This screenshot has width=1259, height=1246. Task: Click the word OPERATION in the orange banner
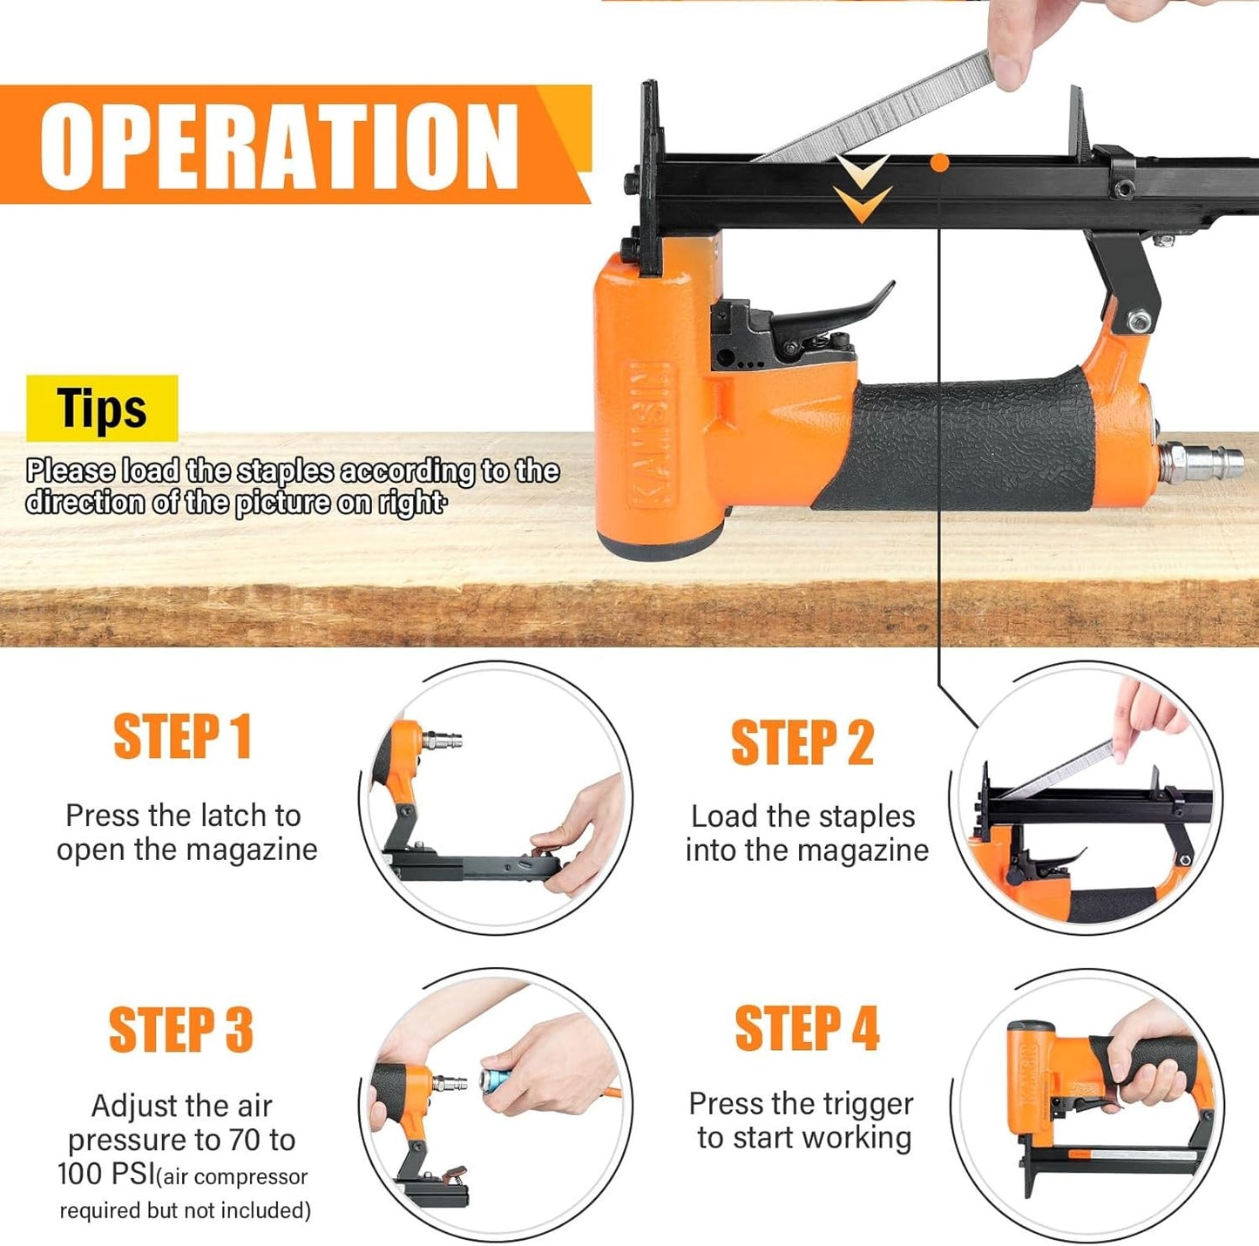pos(279,145)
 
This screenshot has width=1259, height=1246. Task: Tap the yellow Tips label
pos(102,408)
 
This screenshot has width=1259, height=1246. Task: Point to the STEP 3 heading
pos(181,1028)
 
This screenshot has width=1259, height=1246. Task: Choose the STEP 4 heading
pos(807,1027)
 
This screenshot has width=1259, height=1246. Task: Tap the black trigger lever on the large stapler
pos(833,313)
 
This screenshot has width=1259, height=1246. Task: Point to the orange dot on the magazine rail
pos(939,163)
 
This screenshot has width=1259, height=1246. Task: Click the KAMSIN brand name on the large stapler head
pos(649,436)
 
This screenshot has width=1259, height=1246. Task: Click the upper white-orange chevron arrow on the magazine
pos(863,169)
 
